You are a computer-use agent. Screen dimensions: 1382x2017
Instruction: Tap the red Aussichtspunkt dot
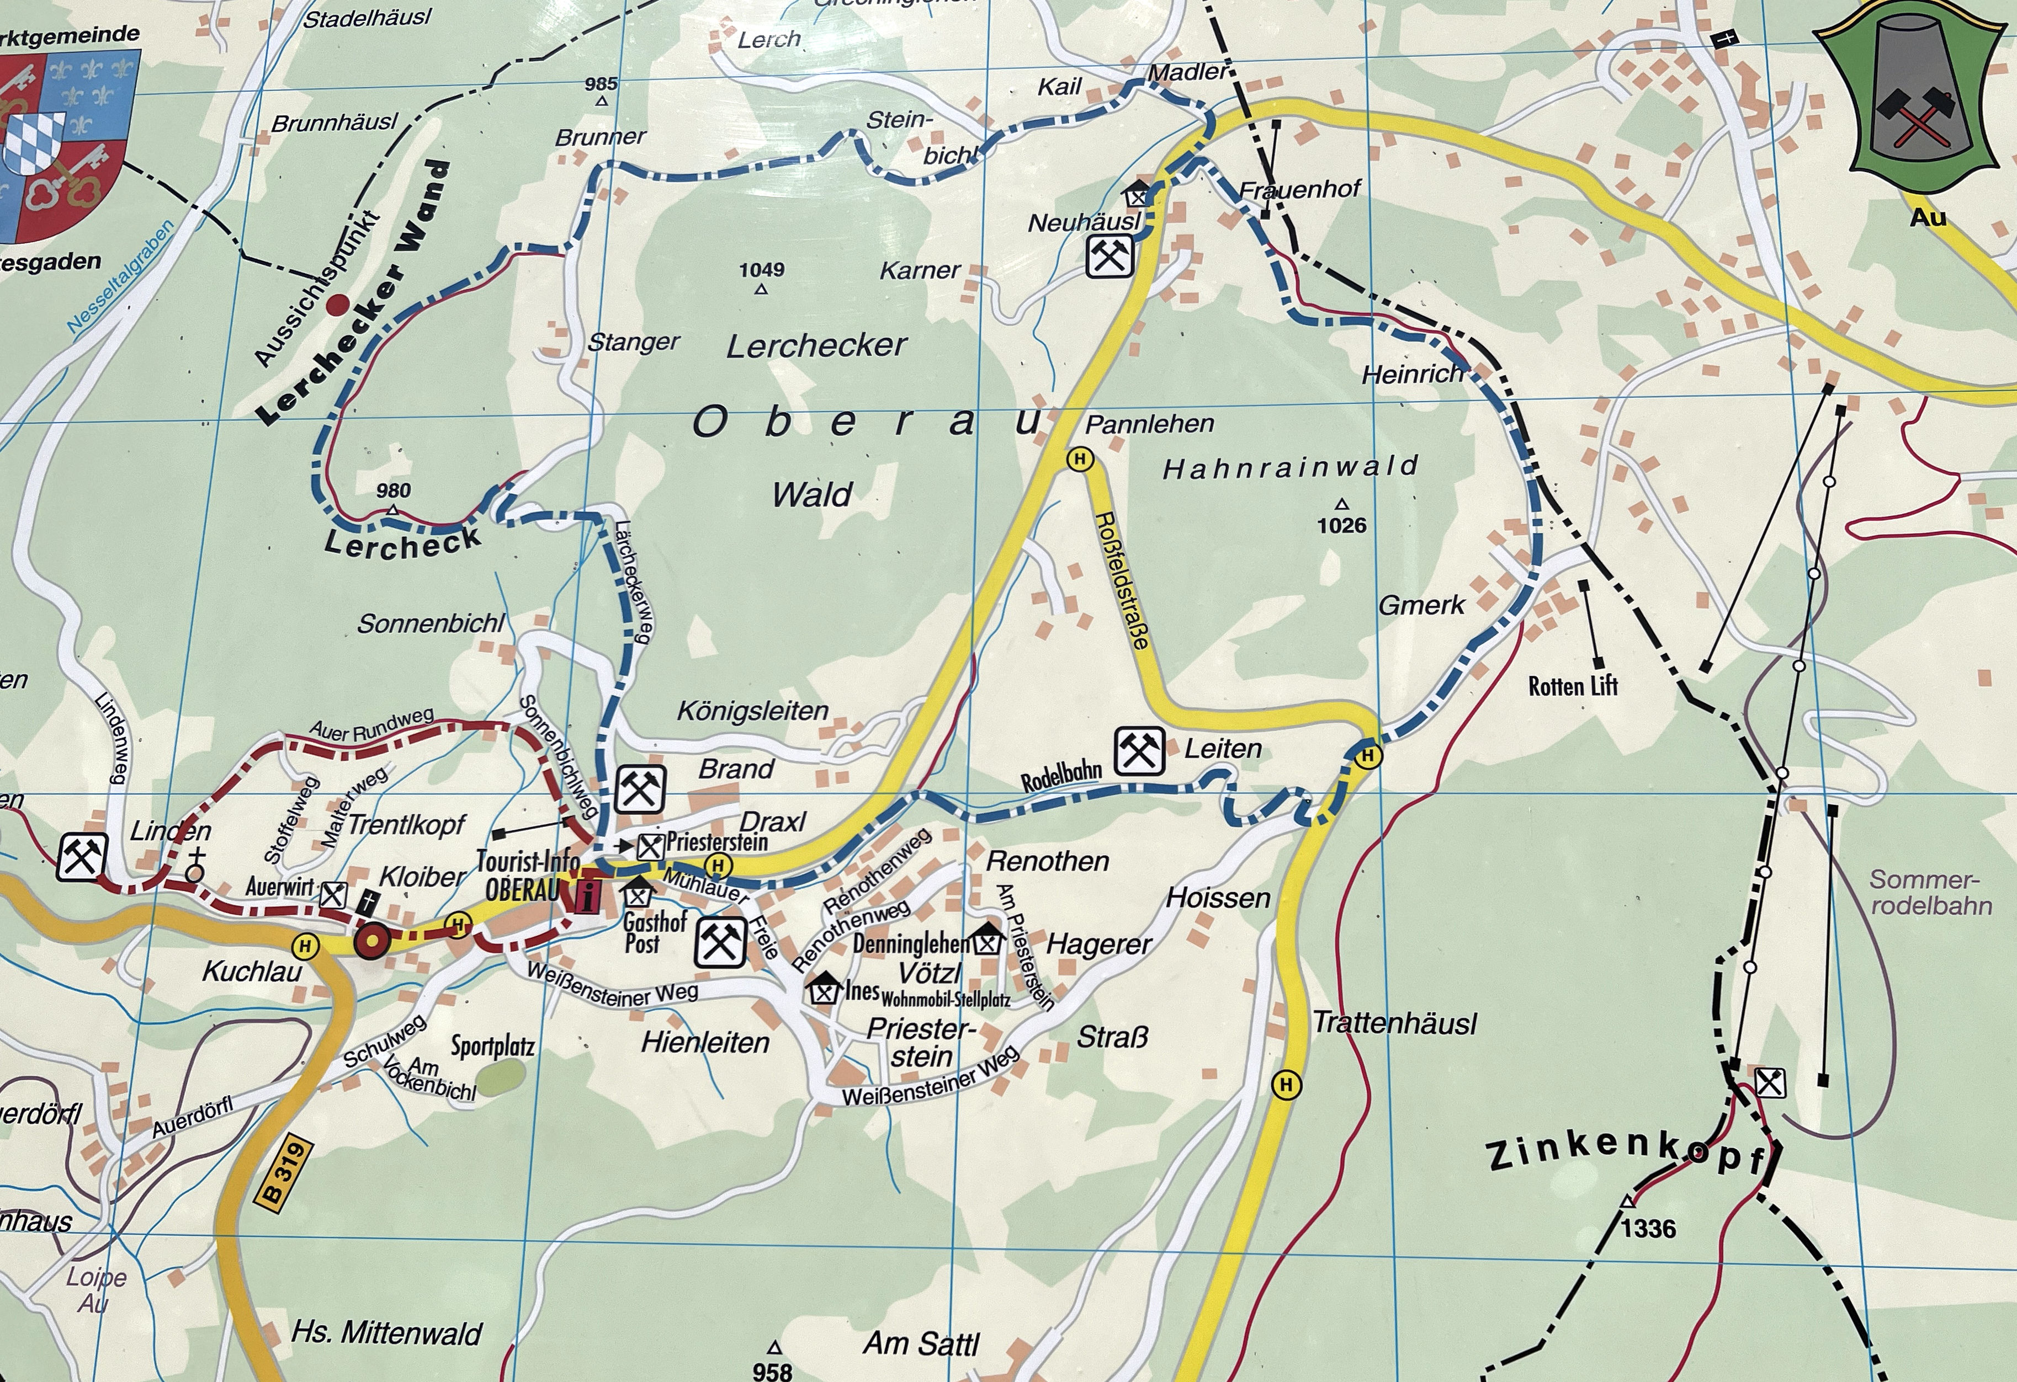[x=337, y=303]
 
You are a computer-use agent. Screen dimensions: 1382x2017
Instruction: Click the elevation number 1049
[x=761, y=270]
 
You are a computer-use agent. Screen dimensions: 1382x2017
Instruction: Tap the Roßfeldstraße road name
[x=1123, y=579]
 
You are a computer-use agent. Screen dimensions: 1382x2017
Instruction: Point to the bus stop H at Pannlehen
[x=1080, y=459]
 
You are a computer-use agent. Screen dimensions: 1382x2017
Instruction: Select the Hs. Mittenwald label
[x=386, y=1332]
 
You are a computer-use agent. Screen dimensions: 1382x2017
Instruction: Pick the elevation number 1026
[x=1342, y=525]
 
